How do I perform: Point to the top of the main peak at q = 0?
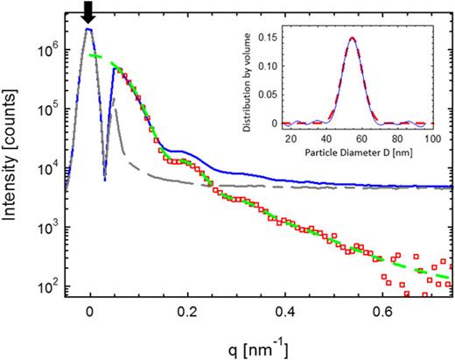89,29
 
